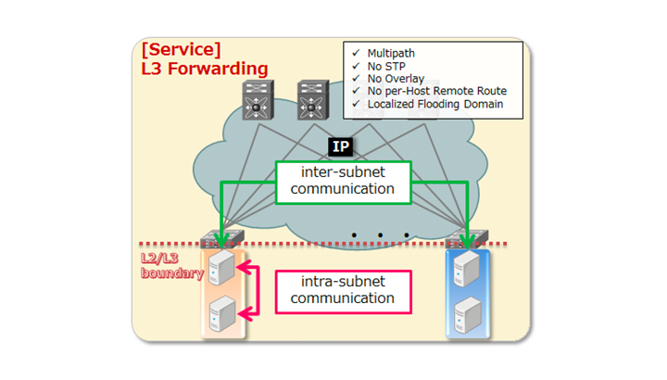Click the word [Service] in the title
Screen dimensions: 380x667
click(181, 49)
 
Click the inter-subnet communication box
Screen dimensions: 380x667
click(344, 181)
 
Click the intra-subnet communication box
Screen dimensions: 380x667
click(342, 290)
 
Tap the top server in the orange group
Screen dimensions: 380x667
click(220, 267)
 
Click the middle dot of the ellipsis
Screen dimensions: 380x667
click(380, 235)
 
